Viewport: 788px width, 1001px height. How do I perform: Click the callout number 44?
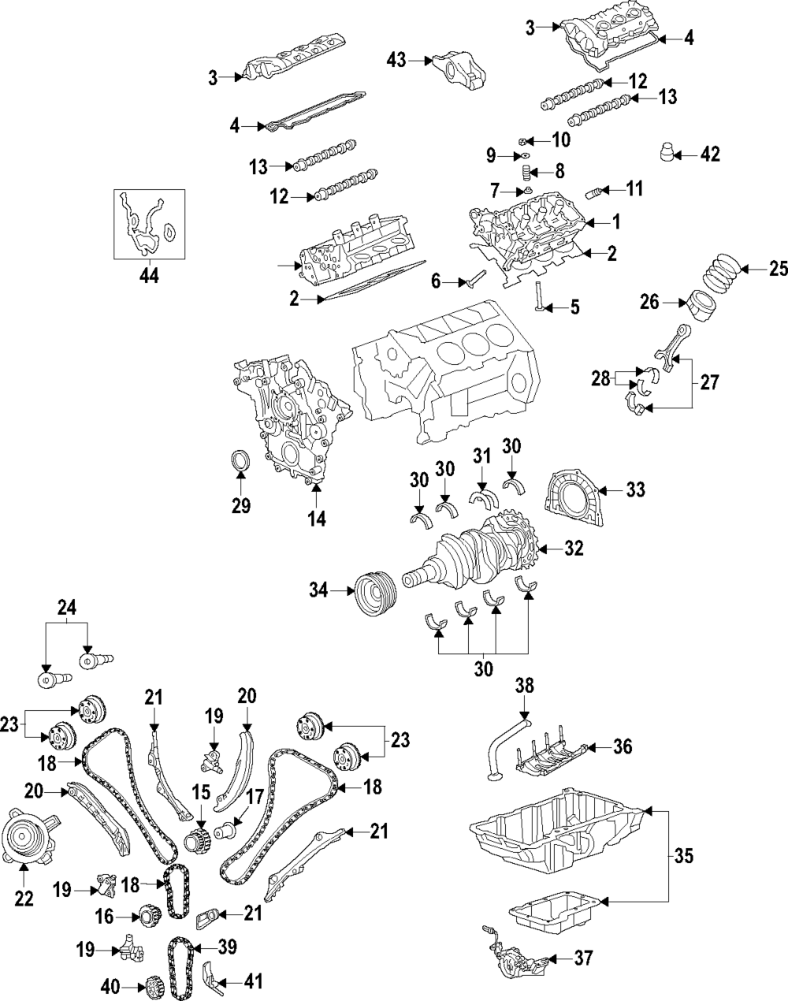[148, 276]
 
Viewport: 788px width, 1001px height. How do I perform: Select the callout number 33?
[634, 490]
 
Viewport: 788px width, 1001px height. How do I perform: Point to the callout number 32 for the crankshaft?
[574, 549]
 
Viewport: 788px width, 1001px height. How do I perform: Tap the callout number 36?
[623, 746]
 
